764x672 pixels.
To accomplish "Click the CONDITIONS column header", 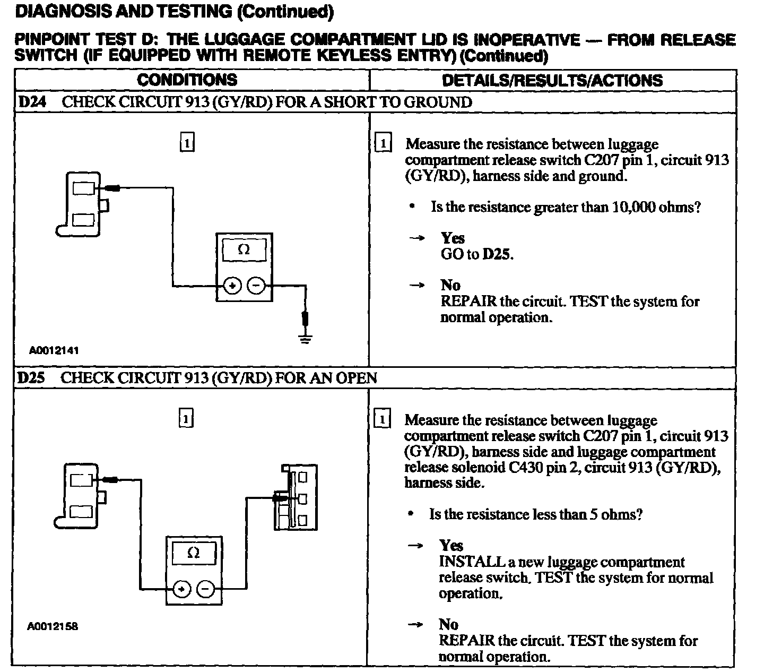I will (187, 80).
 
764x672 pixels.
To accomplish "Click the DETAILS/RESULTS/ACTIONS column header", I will (552, 81).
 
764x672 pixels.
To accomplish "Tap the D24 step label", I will (32, 102).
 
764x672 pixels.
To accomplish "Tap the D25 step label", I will (31, 378).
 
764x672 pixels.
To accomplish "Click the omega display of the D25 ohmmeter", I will (194, 554).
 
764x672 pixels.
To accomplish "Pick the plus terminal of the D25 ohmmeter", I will (182, 589).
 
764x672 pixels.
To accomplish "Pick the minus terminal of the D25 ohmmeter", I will (206, 589).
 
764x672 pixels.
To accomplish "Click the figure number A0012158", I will (53, 626).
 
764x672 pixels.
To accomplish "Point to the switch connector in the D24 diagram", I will (83, 204).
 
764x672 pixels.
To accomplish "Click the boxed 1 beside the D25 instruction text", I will (382, 420).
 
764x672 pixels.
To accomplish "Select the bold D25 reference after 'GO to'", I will (498, 254).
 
